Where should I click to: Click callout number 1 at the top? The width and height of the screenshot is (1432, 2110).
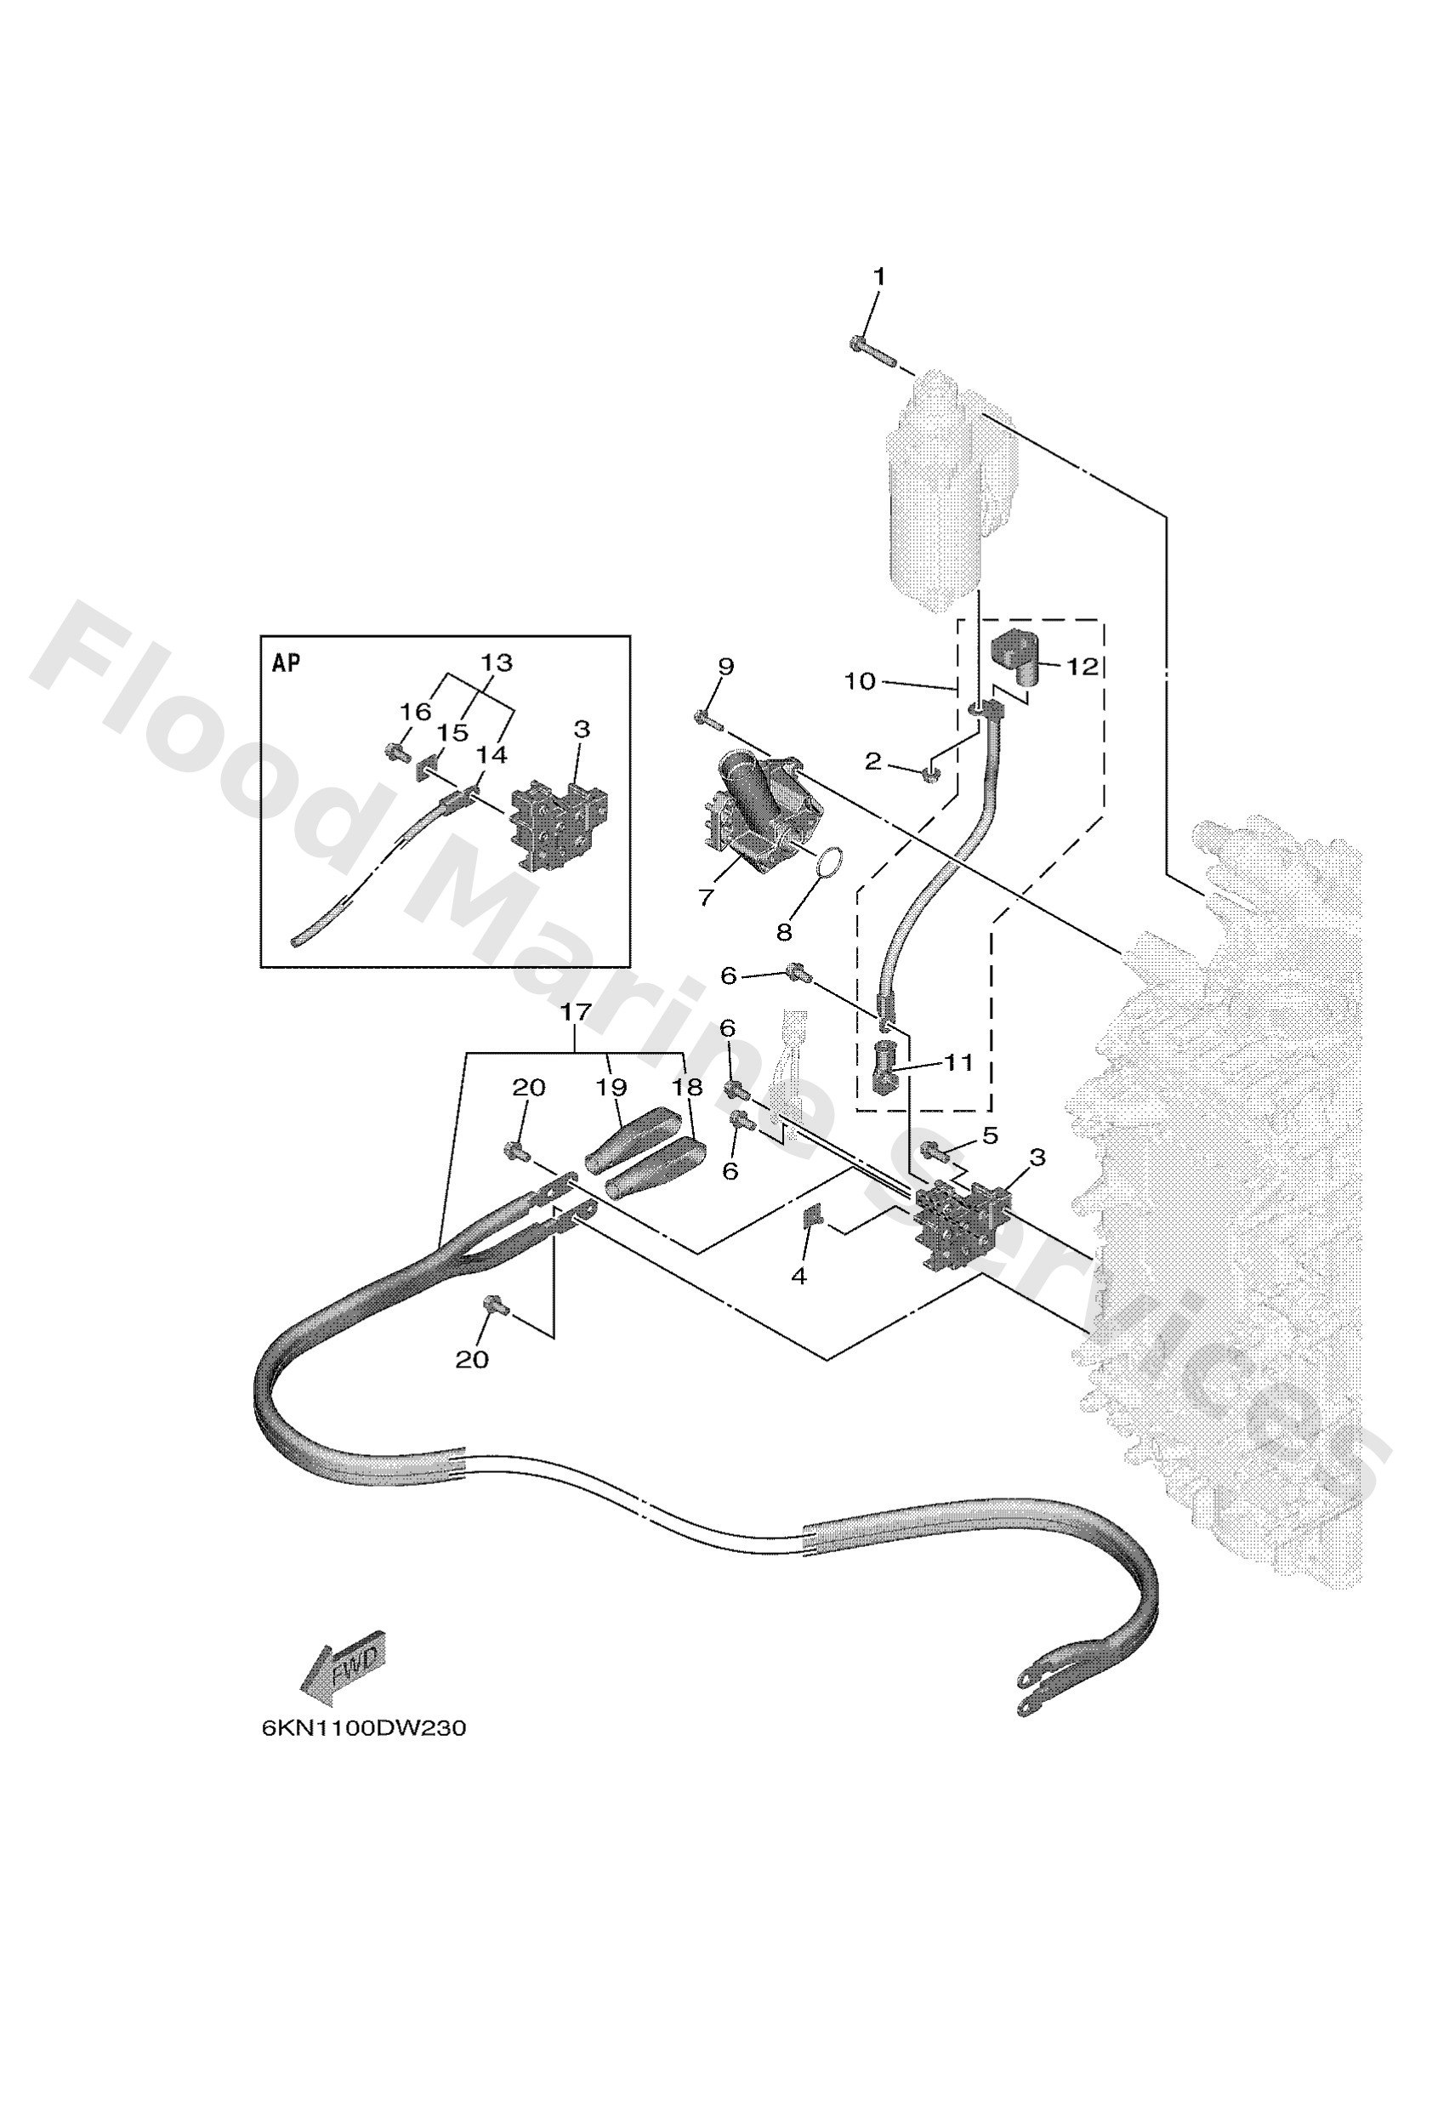point(878,276)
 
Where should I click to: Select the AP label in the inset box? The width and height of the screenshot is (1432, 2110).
point(286,663)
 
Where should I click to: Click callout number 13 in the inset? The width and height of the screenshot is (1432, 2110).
point(496,663)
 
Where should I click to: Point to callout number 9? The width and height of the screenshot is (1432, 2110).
point(725,667)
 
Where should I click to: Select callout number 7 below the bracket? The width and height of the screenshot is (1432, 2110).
point(706,897)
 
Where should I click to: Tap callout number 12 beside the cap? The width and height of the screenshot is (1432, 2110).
point(1082,667)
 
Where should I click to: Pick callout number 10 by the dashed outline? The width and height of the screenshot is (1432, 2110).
point(859,681)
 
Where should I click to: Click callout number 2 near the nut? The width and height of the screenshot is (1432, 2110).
point(872,761)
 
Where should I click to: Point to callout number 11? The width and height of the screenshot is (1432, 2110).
point(959,1061)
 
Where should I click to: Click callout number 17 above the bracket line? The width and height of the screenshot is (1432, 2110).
point(576,1011)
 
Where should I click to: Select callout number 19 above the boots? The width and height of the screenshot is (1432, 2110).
point(612,1087)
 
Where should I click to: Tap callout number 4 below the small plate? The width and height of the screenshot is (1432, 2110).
point(798,1277)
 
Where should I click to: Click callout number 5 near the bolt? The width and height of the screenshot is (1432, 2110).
point(989,1136)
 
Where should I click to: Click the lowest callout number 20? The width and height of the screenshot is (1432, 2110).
point(471,1359)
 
